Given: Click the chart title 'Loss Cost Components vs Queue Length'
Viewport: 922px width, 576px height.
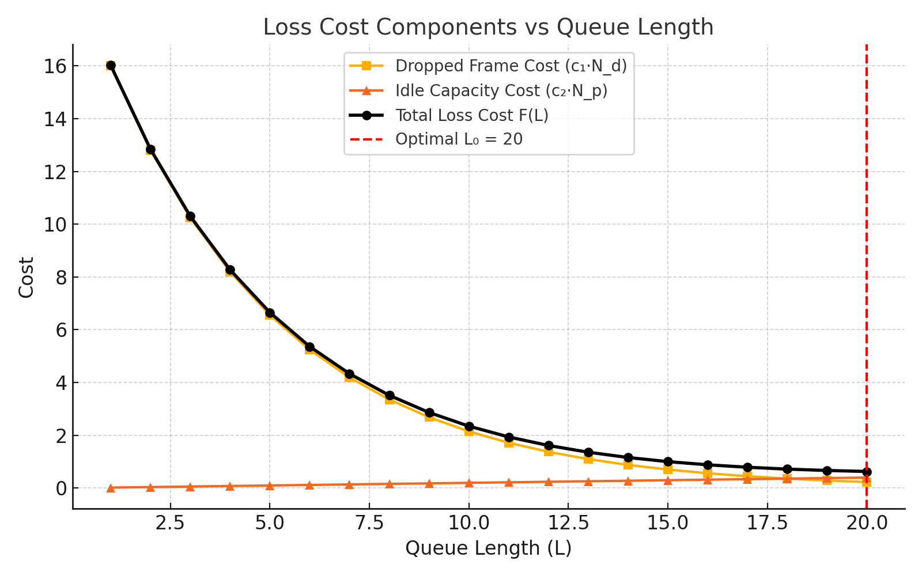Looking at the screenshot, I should tap(488, 28).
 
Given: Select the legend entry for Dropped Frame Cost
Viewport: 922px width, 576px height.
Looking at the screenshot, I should tap(511, 66).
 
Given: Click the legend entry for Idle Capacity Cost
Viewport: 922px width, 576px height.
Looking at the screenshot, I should tap(501, 91).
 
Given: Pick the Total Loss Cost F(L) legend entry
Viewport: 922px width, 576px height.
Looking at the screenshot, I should tap(471, 116).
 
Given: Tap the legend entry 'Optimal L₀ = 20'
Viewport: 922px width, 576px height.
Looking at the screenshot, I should tap(459, 140).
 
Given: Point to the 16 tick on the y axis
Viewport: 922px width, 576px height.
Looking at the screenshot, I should tap(55, 66).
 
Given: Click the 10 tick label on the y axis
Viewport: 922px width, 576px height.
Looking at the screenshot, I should tap(55, 225).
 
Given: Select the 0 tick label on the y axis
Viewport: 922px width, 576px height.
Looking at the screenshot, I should tap(60, 488).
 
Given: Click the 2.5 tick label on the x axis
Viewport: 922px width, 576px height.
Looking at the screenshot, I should tap(171, 523).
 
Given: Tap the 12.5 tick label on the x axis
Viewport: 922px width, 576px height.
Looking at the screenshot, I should tap(568, 523).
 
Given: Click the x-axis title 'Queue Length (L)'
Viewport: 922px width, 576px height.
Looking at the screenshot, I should tap(488, 548).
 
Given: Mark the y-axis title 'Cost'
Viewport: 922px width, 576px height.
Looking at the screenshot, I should tap(27, 277).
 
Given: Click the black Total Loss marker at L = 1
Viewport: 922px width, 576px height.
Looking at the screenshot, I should tap(111, 66).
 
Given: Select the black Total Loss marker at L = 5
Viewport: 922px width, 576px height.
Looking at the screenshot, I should tap(270, 313).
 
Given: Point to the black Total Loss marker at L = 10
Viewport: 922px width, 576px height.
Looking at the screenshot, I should tap(469, 426).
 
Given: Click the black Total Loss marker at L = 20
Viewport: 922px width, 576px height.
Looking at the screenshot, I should tap(867, 472).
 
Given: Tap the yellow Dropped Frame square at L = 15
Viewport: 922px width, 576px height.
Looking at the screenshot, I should tap(668, 469).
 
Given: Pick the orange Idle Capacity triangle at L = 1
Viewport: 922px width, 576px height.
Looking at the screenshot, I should tap(111, 488).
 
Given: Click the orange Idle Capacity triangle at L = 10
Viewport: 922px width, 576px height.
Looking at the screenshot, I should tap(469, 483).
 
